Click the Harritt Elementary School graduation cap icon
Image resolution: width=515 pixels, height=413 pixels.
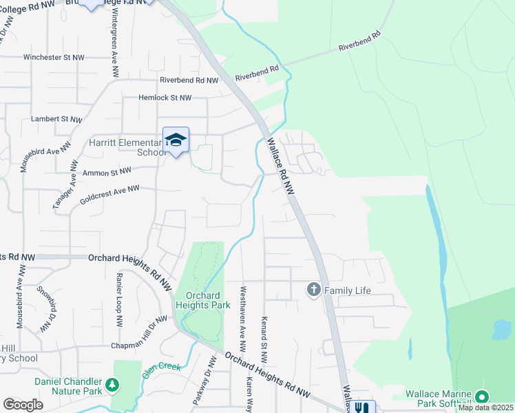coord(176,139)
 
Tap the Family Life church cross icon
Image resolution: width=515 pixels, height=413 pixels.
coord(314,290)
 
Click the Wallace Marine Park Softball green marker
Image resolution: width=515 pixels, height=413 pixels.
coord(482,396)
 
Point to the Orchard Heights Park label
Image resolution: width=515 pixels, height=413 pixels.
coord(202,300)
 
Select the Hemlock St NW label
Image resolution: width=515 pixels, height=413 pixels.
coord(165,98)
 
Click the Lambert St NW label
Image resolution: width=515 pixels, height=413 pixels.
coord(57,119)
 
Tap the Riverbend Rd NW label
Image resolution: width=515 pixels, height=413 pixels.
coord(189,81)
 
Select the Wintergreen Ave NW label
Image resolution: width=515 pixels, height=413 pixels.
coord(110,38)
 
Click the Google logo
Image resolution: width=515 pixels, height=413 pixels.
coord(23,405)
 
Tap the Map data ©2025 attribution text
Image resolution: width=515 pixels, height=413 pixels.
coord(485,407)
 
